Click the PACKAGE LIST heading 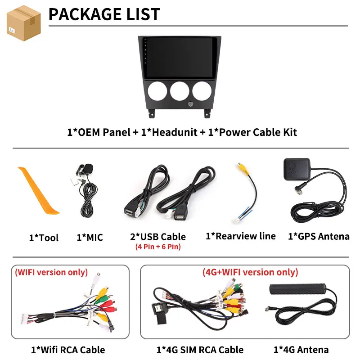[104, 14]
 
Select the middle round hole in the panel [180, 90]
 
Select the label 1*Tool [44, 238]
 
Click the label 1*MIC [90, 238]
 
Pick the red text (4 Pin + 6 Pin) [157, 247]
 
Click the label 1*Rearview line [240, 236]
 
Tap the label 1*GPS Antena [318, 236]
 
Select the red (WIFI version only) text [52, 273]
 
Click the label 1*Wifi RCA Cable [68, 350]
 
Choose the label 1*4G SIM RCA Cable [200, 350]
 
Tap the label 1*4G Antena [301, 350]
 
